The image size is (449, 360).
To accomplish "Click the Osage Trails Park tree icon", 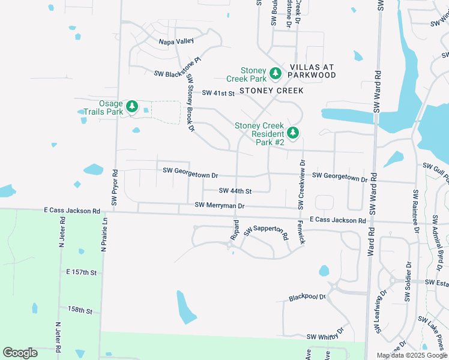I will coord(132,107).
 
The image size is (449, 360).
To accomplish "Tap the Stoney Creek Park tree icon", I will coord(276,73).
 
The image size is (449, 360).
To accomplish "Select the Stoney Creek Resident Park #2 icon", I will coord(292,133).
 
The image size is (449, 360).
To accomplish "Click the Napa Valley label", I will coord(176,41).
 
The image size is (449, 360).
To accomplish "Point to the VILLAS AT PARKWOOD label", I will coord(312,71).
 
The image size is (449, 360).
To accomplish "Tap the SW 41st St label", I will coord(217,93).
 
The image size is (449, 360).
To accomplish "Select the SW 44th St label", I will coord(235,191).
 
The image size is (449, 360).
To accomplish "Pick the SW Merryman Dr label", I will coord(220,205).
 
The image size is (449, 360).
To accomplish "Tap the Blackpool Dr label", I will coord(307,297).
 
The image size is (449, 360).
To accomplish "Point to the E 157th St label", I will coord(82,272).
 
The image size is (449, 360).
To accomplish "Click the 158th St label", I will coord(80,311).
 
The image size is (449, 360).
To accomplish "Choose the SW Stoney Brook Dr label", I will coord(190,103).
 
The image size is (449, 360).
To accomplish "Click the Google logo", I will coord(20,353).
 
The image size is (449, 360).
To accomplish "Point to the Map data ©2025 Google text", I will coord(412,355).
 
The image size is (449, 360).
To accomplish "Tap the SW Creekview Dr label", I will coord(303,184).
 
